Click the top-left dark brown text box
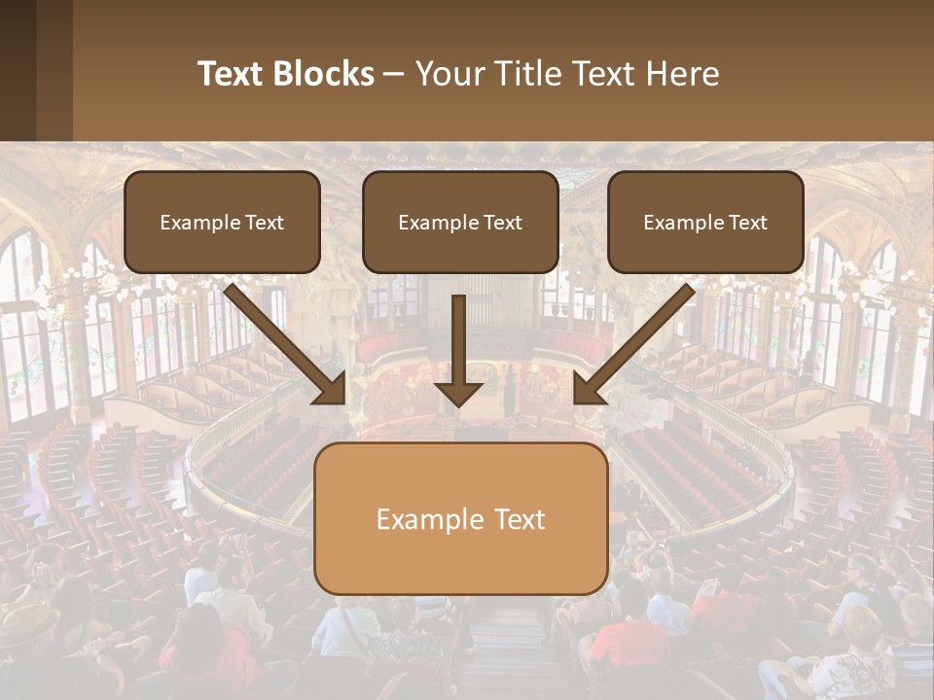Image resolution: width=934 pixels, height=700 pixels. tap(222, 222)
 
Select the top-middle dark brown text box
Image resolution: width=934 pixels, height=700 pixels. tap(460, 222)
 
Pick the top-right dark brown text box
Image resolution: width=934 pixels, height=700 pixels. tap(705, 222)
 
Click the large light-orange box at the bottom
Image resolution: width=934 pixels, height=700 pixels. tap(460, 518)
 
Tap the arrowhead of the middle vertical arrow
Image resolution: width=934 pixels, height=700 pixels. tap(458, 393)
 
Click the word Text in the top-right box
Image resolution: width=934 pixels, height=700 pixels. tap(747, 223)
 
